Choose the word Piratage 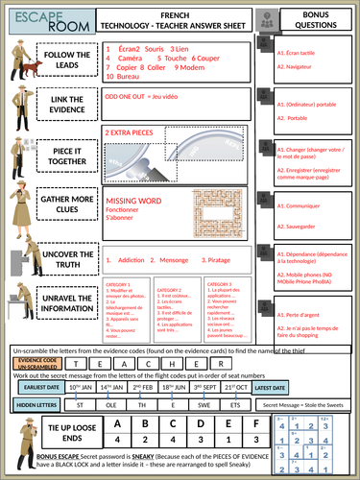(220, 259)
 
